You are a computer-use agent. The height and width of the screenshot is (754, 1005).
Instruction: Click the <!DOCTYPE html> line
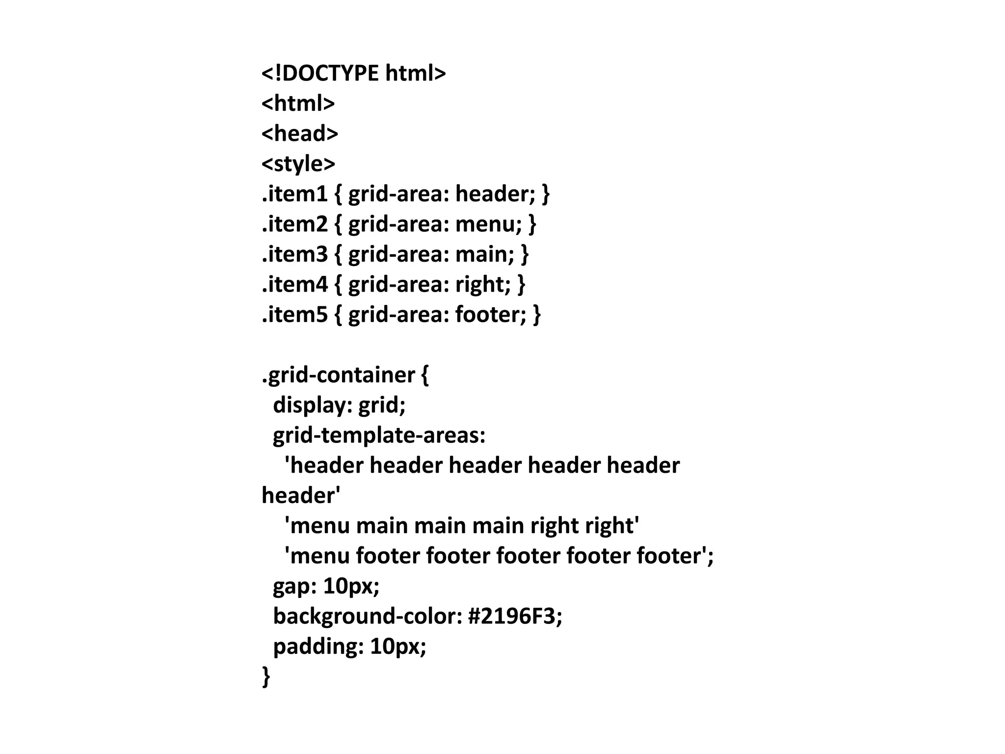pyautogui.click(x=353, y=73)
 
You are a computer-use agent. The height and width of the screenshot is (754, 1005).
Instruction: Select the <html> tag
pyautogui.click(x=298, y=104)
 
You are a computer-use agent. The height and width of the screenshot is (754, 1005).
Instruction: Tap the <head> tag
pyautogui.click(x=300, y=134)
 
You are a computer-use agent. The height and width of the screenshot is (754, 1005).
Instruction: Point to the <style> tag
pyautogui.click(x=298, y=164)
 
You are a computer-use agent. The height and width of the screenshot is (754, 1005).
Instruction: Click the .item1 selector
pyautogui.click(x=294, y=194)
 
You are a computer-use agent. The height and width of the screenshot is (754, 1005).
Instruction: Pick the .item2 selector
pyautogui.click(x=294, y=224)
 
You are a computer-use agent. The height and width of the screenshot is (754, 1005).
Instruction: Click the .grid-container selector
pyautogui.click(x=339, y=376)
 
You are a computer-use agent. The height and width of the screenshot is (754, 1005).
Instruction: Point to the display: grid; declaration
pyautogui.click(x=339, y=405)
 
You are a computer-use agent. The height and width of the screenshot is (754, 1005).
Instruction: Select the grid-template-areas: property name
pyautogui.click(x=379, y=435)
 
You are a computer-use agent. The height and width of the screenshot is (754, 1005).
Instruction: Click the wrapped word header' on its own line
pyautogui.click(x=301, y=496)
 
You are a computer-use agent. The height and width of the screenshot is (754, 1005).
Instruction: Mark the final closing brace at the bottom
pyautogui.click(x=266, y=676)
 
